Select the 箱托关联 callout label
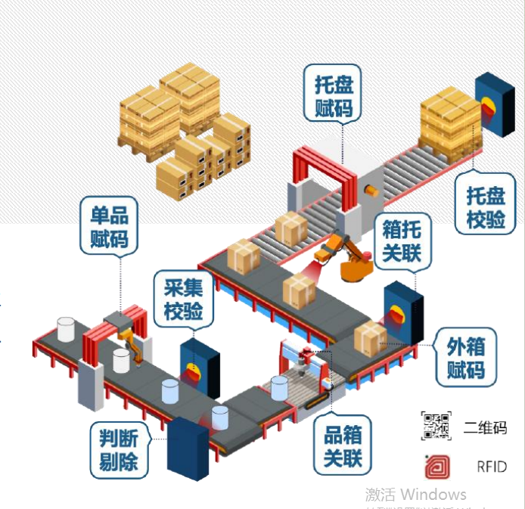pyautogui.click(x=402, y=240)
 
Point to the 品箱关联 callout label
pyautogui.click(x=343, y=445)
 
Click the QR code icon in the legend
pyautogui.click(x=436, y=427)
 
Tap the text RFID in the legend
pyautogui.click(x=491, y=467)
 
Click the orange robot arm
pyautogui.click(x=345, y=257)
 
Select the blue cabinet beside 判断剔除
pyautogui.click(x=188, y=448)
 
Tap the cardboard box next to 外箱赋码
pyautogui.click(x=371, y=338)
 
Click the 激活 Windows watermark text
pyautogui.click(x=415, y=495)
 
